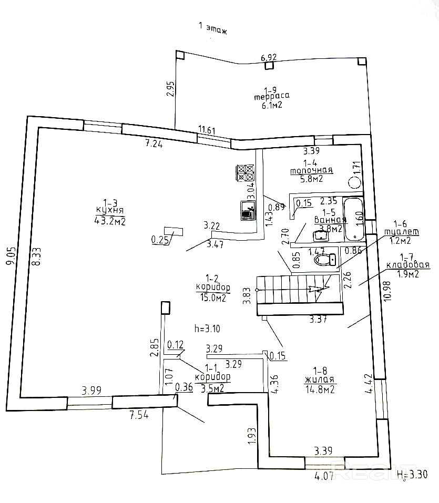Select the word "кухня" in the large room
(x=109, y=210)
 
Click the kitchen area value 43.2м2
(x=109, y=220)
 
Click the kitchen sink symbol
(x=248, y=210)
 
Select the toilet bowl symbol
(x=325, y=259)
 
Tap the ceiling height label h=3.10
(x=207, y=329)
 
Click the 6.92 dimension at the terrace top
(x=269, y=57)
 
